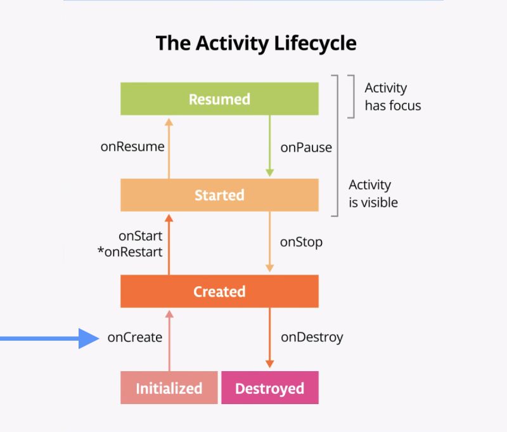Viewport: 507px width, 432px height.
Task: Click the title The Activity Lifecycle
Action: [x=256, y=44]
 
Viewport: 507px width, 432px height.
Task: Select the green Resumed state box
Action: [x=219, y=99]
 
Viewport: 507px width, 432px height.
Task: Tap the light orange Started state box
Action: [x=219, y=195]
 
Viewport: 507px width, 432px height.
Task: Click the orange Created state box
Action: [x=219, y=291]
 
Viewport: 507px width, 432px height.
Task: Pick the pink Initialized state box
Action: [x=169, y=388]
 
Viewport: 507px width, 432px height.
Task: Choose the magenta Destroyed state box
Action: [x=269, y=388]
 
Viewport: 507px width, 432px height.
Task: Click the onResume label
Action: [x=132, y=147]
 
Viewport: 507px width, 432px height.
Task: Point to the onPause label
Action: [x=306, y=147]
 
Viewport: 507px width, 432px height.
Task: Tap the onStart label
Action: [x=141, y=236]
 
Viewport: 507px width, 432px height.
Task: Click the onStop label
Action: [x=301, y=242]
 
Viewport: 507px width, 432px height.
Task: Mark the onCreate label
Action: [x=134, y=337]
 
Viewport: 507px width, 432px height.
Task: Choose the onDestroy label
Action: [x=312, y=337]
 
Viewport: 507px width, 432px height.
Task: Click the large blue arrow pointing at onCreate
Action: [x=51, y=337]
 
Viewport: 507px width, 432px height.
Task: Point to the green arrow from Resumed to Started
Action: [x=269, y=146]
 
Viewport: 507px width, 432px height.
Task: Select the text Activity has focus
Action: [x=392, y=96]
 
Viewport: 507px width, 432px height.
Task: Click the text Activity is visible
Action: [x=373, y=193]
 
